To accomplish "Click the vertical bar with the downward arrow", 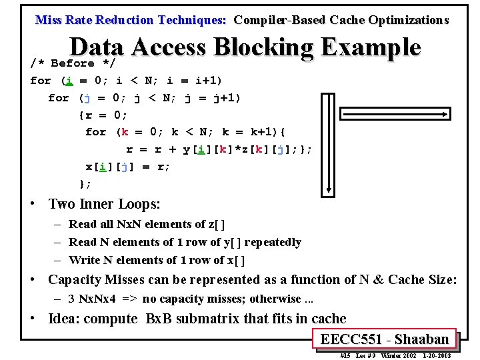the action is point(328,143).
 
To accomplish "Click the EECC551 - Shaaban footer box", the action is point(385,339).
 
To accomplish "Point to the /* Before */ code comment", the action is point(73,63).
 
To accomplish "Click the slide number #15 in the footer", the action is point(345,355).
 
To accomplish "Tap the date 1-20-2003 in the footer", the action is point(437,355).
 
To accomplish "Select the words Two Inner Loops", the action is point(104,204).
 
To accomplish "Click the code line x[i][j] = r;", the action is point(128,167).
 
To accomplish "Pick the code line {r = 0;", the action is point(103,115).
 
